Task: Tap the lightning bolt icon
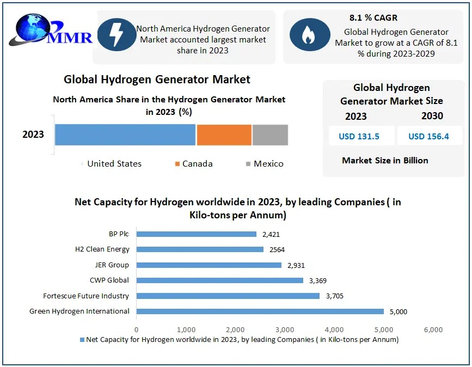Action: tap(117, 33)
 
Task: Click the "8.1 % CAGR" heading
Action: tap(373, 18)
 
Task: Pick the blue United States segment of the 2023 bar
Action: tap(125, 134)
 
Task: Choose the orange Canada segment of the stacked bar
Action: tap(224, 134)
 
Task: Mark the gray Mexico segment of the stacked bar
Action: tap(270, 134)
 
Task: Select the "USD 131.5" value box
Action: tap(359, 136)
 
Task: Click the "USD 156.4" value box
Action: tap(428, 136)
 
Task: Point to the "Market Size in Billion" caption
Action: tap(385, 161)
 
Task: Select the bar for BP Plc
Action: tap(196, 234)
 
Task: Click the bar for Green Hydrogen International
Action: tap(260, 311)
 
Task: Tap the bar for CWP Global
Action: tap(219, 280)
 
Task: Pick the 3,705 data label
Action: tap(335, 296)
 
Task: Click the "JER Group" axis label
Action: tap(112, 265)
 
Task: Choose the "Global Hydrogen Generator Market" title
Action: tap(157, 79)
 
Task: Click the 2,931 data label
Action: tap(297, 265)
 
